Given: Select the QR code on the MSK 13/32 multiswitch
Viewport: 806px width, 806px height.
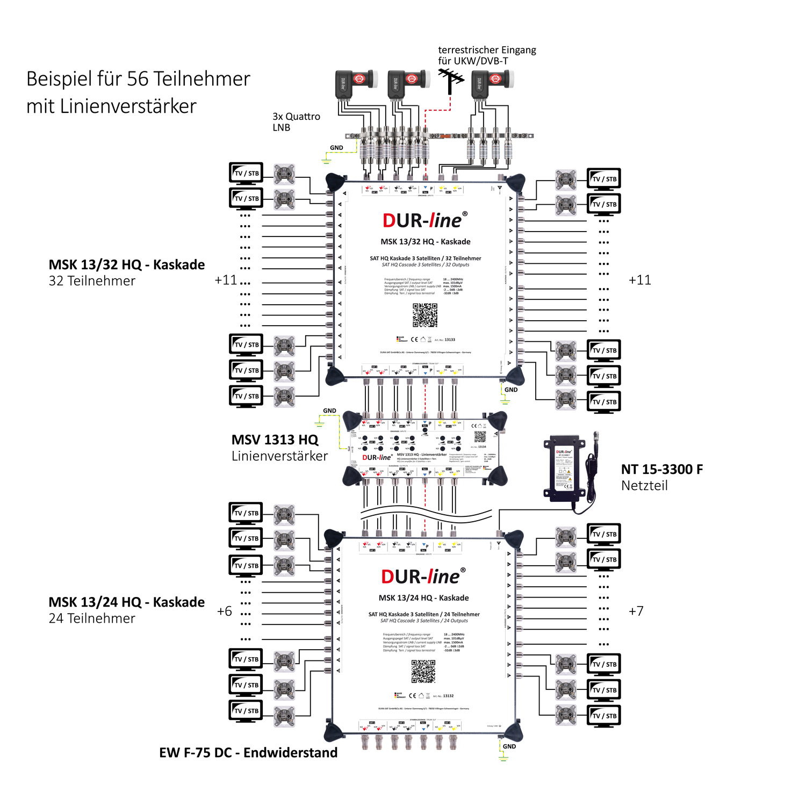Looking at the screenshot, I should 424,315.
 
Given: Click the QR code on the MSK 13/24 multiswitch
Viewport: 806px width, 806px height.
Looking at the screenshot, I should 423,671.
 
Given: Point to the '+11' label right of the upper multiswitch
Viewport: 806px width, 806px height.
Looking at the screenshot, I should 639,280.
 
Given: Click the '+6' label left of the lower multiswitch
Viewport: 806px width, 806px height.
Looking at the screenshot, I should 224,611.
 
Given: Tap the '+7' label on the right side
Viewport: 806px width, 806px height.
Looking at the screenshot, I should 636,611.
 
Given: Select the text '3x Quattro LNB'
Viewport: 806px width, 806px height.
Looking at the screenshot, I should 296,122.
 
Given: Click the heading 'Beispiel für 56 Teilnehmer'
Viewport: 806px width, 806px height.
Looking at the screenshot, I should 138,79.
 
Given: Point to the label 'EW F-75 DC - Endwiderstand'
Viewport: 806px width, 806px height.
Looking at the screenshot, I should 248,752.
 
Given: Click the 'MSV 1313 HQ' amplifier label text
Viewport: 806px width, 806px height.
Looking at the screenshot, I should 275,440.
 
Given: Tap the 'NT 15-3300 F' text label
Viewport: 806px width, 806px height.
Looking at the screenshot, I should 661,469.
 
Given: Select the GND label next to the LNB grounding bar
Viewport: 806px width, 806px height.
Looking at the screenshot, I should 336,148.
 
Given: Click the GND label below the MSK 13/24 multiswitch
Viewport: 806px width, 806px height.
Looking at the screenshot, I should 509,746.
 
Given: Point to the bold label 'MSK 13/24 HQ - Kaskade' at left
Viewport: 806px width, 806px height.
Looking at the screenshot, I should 126,602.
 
